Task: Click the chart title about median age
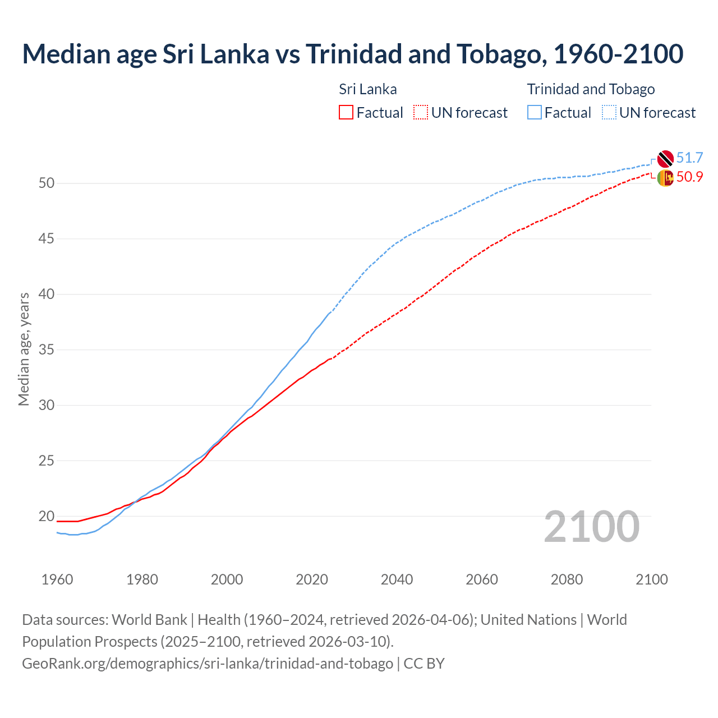[352, 54]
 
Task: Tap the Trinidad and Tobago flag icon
[665, 159]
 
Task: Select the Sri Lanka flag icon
[665, 178]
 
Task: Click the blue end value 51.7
[689, 158]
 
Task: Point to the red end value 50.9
[689, 177]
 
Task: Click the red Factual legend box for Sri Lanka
[346, 113]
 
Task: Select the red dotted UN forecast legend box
[421, 113]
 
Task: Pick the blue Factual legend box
[535, 113]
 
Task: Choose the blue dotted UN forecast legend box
[609, 113]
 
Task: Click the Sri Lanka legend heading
[368, 89]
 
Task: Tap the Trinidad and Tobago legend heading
[591, 89]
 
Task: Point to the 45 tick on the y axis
[47, 239]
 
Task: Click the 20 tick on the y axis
[47, 516]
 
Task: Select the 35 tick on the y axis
[47, 350]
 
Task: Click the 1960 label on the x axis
[57, 579]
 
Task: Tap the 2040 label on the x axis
[397, 579]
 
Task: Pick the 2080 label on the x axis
[567, 579]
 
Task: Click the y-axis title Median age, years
[24, 349]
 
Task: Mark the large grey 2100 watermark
[591, 527]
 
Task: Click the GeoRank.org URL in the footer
[208, 664]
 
